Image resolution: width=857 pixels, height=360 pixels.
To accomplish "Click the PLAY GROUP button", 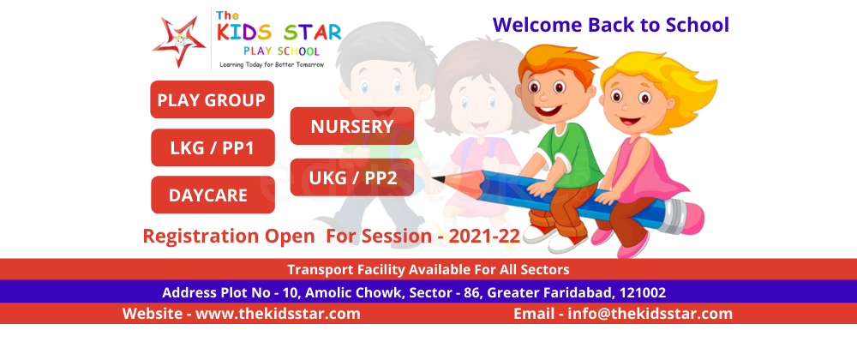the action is [x=212, y=99].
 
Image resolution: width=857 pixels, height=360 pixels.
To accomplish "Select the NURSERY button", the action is [x=352, y=126].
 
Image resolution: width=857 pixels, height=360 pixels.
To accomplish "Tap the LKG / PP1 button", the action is [x=213, y=147].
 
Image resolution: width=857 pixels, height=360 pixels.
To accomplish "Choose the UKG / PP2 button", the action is [x=352, y=177].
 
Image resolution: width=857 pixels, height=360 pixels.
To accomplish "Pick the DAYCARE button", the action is [x=213, y=195].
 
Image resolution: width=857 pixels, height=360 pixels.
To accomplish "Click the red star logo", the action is [x=179, y=42].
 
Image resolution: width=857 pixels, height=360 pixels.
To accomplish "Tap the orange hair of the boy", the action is [x=554, y=61].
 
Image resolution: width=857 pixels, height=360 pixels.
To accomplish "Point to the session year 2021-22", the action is [x=484, y=236].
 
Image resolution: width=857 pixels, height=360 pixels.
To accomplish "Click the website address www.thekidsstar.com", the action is [x=278, y=314].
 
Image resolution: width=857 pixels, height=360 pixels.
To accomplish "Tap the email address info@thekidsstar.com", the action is [x=650, y=314].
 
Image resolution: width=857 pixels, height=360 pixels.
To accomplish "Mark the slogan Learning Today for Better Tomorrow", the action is [x=272, y=64].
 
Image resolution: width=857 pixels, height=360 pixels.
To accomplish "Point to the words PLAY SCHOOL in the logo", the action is [x=281, y=51].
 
